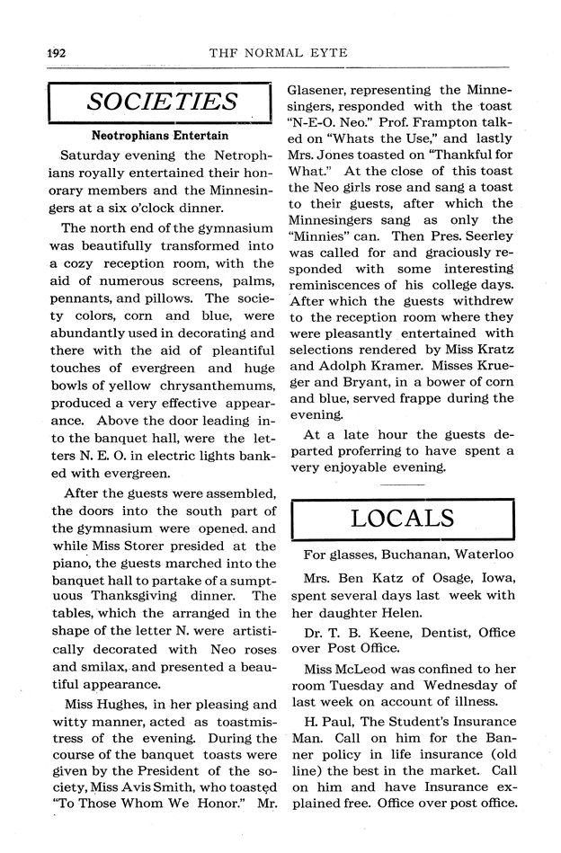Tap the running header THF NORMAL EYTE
278,53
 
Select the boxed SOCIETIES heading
161,102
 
